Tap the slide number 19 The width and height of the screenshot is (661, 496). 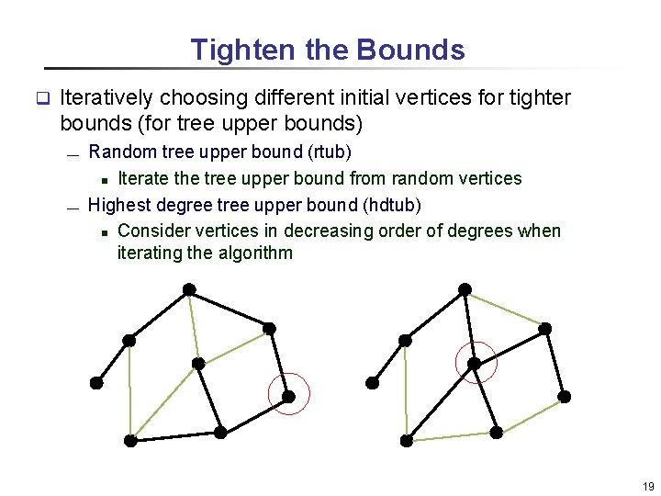[648, 487]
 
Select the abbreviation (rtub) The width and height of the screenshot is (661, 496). [328, 151]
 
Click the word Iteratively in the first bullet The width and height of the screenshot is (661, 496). [106, 97]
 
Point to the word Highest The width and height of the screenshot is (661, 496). [120, 204]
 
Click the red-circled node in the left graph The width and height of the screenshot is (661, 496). [288, 397]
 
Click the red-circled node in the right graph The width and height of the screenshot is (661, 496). [475, 364]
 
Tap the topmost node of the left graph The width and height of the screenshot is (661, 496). [188, 289]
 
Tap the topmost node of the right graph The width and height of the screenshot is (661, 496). [465, 289]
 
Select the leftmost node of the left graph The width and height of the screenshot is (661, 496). [95, 383]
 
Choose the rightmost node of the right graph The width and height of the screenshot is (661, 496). [565, 396]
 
